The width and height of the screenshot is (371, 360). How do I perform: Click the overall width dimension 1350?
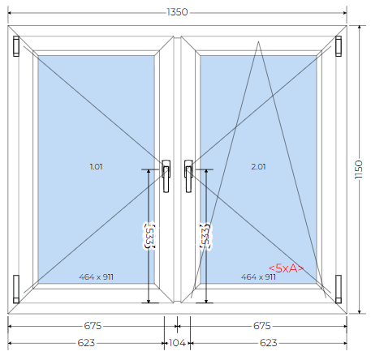[177, 12]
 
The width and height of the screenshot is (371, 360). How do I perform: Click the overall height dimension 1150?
[358, 169]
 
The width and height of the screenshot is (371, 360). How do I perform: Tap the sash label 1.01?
[97, 167]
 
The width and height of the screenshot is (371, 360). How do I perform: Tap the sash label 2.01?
[258, 167]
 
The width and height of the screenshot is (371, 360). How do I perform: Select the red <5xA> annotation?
[286, 268]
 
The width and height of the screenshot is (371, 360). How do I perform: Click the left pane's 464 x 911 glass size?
[97, 277]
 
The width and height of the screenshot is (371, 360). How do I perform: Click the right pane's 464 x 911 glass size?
[258, 277]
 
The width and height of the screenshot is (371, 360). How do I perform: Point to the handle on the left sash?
[166, 176]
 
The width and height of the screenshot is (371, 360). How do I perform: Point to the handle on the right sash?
[188, 176]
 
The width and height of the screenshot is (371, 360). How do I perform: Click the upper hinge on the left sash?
[16, 46]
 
